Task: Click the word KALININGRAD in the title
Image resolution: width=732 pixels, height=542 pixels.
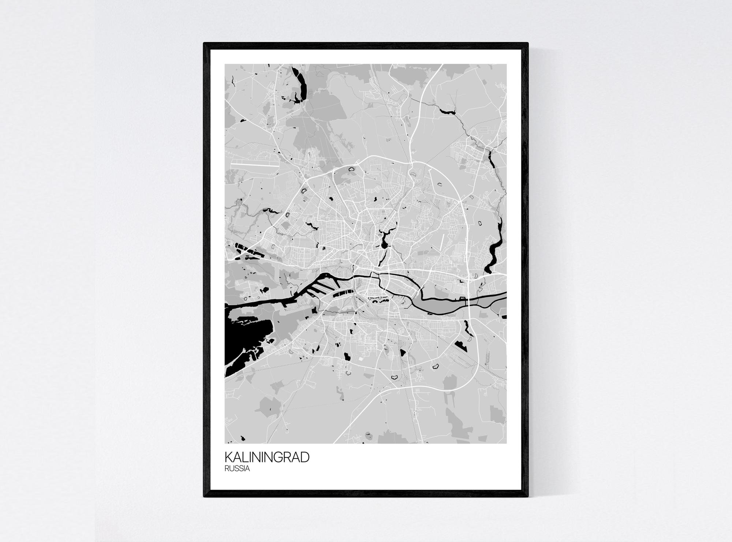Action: tap(267, 457)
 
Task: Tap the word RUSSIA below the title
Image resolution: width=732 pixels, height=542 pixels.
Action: tap(238, 469)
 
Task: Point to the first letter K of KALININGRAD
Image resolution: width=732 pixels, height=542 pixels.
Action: tap(228, 457)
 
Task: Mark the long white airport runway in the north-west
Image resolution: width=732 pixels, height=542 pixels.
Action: tap(254, 165)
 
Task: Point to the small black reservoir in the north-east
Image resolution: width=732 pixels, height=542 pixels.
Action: tap(448, 111)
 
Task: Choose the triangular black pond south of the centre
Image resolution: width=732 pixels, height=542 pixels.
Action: tap(403, 353)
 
